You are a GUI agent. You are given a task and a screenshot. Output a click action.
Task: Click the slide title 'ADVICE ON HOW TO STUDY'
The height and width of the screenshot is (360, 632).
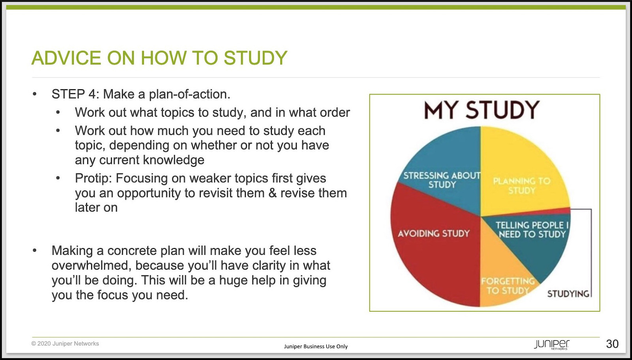160,58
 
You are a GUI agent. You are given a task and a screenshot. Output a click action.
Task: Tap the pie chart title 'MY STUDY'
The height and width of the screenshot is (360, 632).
482,110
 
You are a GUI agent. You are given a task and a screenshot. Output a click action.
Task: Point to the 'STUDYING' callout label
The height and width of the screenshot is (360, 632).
568,294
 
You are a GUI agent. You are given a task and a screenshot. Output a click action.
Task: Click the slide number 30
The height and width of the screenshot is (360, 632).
612,344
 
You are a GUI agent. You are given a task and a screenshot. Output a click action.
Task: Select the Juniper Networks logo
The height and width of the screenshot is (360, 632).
551,345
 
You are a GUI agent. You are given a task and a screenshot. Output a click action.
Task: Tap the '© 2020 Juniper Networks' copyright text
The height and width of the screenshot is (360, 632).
65,344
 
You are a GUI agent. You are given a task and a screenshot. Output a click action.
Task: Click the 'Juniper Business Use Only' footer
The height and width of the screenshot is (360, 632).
316,347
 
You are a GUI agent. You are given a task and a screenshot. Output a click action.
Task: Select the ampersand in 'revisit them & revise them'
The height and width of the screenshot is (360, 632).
272,193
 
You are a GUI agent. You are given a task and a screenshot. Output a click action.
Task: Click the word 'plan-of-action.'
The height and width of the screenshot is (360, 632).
190,94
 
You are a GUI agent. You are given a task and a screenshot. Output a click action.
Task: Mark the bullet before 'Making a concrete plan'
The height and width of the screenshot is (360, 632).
34,251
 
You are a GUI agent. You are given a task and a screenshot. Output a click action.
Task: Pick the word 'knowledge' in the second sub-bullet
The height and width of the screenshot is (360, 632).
173,160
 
